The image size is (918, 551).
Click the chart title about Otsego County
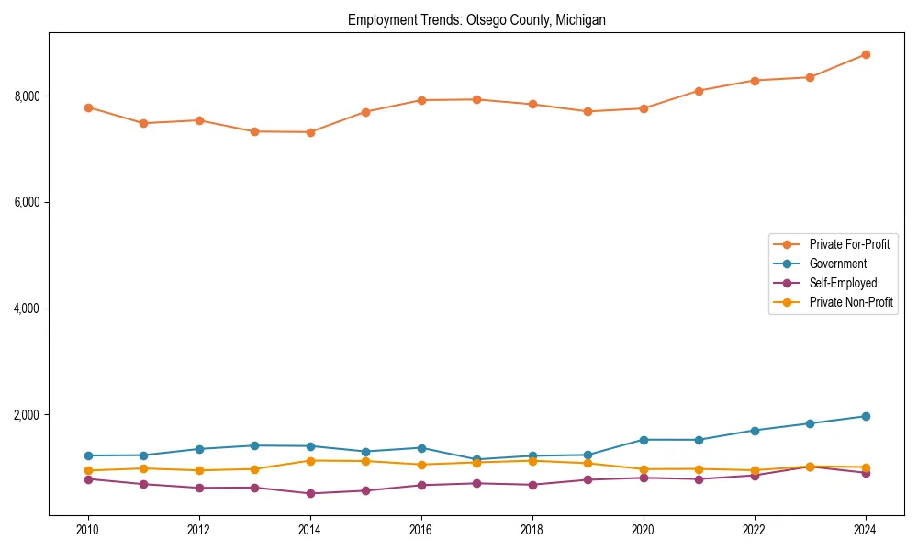(x=476, y=19)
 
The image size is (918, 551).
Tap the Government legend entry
(x=837, y=264)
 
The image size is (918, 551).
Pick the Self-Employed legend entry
(x=843, y=283)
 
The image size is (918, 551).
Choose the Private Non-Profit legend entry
(x=851, y=302)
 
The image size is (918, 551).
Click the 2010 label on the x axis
(x=88, y=530)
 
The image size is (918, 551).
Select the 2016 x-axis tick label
(x=421, y=530)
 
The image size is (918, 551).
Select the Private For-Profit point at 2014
(x=310, y=132)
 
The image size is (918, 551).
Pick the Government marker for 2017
(x=476, y=459)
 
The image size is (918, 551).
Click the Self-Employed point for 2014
(x=310, y=493)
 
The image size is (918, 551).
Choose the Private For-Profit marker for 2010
(x=88, y=107)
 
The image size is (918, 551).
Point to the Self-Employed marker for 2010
(x=88, y=479)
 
